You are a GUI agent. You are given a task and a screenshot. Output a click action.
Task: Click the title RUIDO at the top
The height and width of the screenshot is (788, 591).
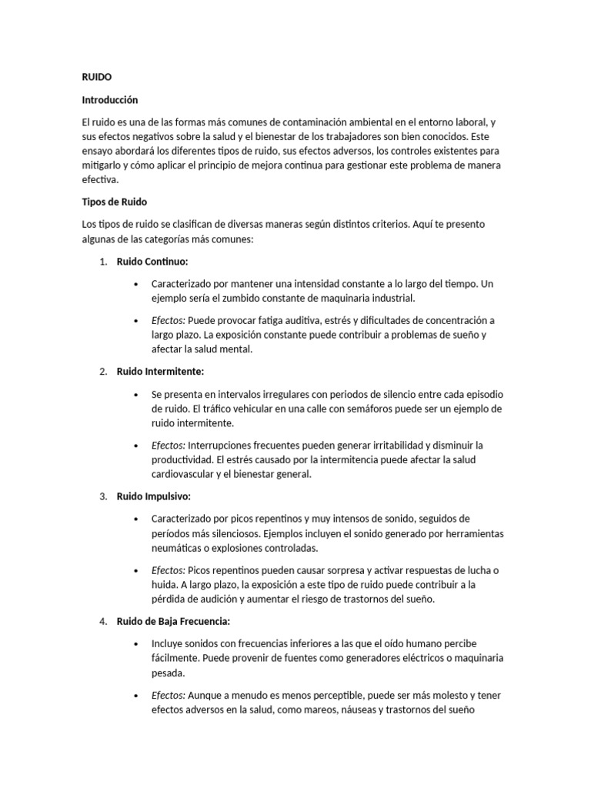point(97,77)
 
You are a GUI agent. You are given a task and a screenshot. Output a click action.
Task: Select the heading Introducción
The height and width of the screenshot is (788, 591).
point(110,99)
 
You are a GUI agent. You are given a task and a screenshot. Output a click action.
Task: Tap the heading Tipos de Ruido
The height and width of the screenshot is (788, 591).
point(114,202)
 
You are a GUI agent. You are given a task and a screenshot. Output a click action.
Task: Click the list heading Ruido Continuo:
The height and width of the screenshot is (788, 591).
point(152,262)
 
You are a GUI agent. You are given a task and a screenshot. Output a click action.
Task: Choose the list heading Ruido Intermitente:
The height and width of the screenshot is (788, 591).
point(160,372)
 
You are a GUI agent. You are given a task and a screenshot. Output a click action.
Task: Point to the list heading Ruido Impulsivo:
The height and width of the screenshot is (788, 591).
point(154,496)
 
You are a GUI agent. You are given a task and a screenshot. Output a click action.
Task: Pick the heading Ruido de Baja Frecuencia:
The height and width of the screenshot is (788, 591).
point(173,621)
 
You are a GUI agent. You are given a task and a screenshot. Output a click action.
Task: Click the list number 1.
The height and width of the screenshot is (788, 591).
point(102,262)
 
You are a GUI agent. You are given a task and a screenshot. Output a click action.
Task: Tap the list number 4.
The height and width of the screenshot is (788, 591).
point(102,621)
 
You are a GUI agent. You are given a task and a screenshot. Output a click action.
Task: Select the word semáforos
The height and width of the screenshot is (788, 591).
point(371,408)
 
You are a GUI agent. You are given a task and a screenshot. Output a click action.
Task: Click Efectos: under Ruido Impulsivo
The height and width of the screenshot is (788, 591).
point(169,569)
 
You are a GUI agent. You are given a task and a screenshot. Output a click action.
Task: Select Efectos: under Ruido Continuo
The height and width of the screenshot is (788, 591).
point(169,320)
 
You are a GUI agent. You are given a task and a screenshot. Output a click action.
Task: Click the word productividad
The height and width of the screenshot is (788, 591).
point(185,459)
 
